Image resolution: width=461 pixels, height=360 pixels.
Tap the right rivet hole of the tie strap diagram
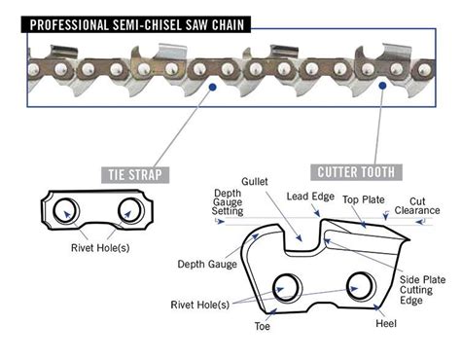pos(127,209)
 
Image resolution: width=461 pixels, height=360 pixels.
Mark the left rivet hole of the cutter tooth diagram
pos(289,286)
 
